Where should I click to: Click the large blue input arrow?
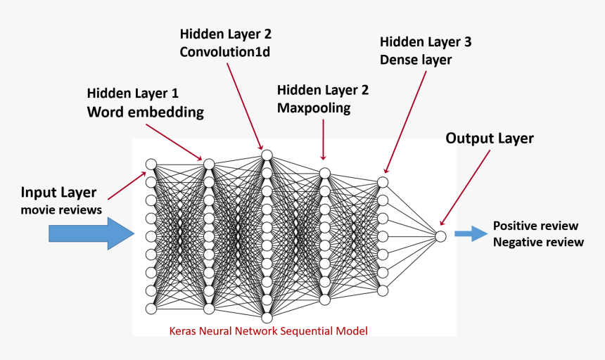(90, 233)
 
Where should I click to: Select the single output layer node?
(440, 236)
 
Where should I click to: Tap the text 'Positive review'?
(535, 226)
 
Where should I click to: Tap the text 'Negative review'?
(538, 243)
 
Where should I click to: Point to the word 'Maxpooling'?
(313, 108)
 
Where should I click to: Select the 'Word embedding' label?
(145, 112)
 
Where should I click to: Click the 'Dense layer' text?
(415, 60)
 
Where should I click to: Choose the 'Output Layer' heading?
(490, 138)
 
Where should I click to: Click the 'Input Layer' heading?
(58, 193)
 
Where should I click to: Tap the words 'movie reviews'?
(61, 210)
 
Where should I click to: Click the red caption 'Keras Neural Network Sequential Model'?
(269, 330)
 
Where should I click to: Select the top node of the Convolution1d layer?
(267, 155)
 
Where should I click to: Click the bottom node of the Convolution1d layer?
(267, 318)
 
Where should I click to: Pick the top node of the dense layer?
(383, 182)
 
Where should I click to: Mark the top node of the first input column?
(151, 164)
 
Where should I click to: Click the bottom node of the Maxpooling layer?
(324, 300)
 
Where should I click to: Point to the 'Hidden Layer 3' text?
(425, 42)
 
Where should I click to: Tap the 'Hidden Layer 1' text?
(132, 94)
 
